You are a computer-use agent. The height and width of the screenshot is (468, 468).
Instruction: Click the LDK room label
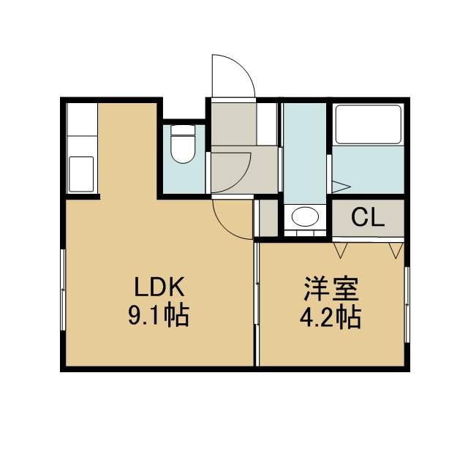(159, 287)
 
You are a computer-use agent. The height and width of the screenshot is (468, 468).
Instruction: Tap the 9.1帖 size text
(159, 315)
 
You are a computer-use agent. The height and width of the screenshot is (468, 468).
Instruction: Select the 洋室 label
(331, 289)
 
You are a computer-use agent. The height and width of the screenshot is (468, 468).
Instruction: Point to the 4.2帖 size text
(331, 317)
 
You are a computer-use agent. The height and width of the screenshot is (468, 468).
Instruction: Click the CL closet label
(367, 217)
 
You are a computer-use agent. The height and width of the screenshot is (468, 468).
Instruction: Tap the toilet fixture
(183, 144)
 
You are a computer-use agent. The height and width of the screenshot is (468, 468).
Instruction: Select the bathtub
(368, 124)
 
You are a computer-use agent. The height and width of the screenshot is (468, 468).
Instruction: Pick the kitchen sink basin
(81, 174)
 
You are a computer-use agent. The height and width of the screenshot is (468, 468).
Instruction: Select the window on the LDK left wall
(63, 290)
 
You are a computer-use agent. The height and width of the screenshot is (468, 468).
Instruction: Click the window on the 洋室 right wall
(407, 304)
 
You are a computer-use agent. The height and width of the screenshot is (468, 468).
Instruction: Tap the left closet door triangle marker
(341, 250)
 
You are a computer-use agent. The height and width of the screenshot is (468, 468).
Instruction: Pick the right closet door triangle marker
(396, 250)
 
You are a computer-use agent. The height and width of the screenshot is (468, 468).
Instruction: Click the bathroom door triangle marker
(341, 187)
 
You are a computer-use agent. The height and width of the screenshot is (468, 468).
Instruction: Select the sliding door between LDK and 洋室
(257, 304)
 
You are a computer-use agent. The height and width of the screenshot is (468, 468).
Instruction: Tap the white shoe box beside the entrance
(267, 124)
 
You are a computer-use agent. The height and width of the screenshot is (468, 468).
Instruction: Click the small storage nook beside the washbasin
(268, 218)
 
